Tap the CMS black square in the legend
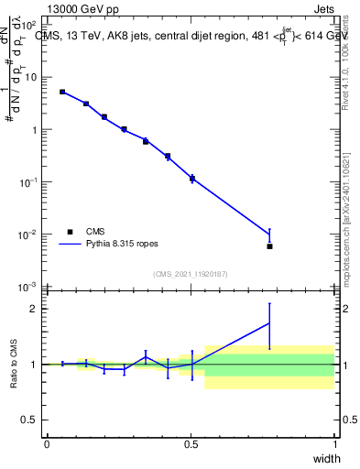click(70, 232)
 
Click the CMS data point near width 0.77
click(269, 246)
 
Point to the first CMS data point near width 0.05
click(62, 92)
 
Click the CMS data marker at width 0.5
click(191, 179)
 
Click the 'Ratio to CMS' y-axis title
click(13, 364)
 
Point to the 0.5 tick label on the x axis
click(191, 443)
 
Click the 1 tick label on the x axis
click(335, 443)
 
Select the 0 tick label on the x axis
click(47, 443)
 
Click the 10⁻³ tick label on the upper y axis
click(28, 288)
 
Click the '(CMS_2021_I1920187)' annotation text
click(191, 273)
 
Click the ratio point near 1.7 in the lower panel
click(269, 322)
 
